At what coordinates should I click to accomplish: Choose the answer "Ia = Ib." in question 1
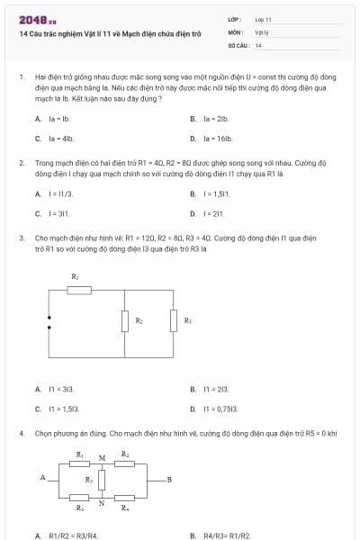point(58,119)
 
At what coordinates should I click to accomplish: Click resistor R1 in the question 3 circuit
point(80,289)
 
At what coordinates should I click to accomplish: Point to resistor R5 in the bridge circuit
point(102,480)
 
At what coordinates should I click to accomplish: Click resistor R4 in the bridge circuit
point(125,496)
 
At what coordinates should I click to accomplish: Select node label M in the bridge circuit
point(102,458)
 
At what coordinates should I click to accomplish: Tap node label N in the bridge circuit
point(102,503)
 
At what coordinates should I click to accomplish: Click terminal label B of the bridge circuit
point(168,479)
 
